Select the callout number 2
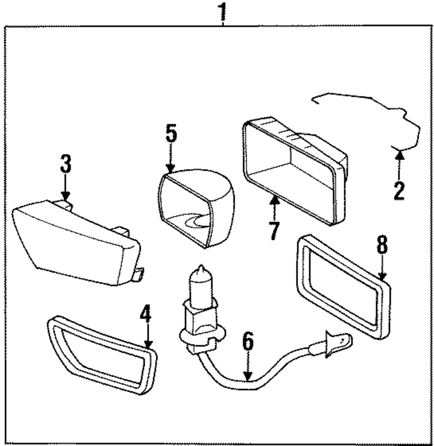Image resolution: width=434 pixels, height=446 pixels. click(399, 191)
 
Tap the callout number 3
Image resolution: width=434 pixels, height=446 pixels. click(66, 164)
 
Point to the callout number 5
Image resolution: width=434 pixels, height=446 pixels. click(171, 133)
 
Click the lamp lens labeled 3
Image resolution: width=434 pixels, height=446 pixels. click(76, 242)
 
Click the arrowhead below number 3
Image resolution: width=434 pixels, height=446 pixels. click(66, 196)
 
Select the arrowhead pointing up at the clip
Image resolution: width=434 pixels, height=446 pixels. click(400, 155)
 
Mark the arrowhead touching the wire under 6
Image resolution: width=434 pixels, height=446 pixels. click(248, 376)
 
